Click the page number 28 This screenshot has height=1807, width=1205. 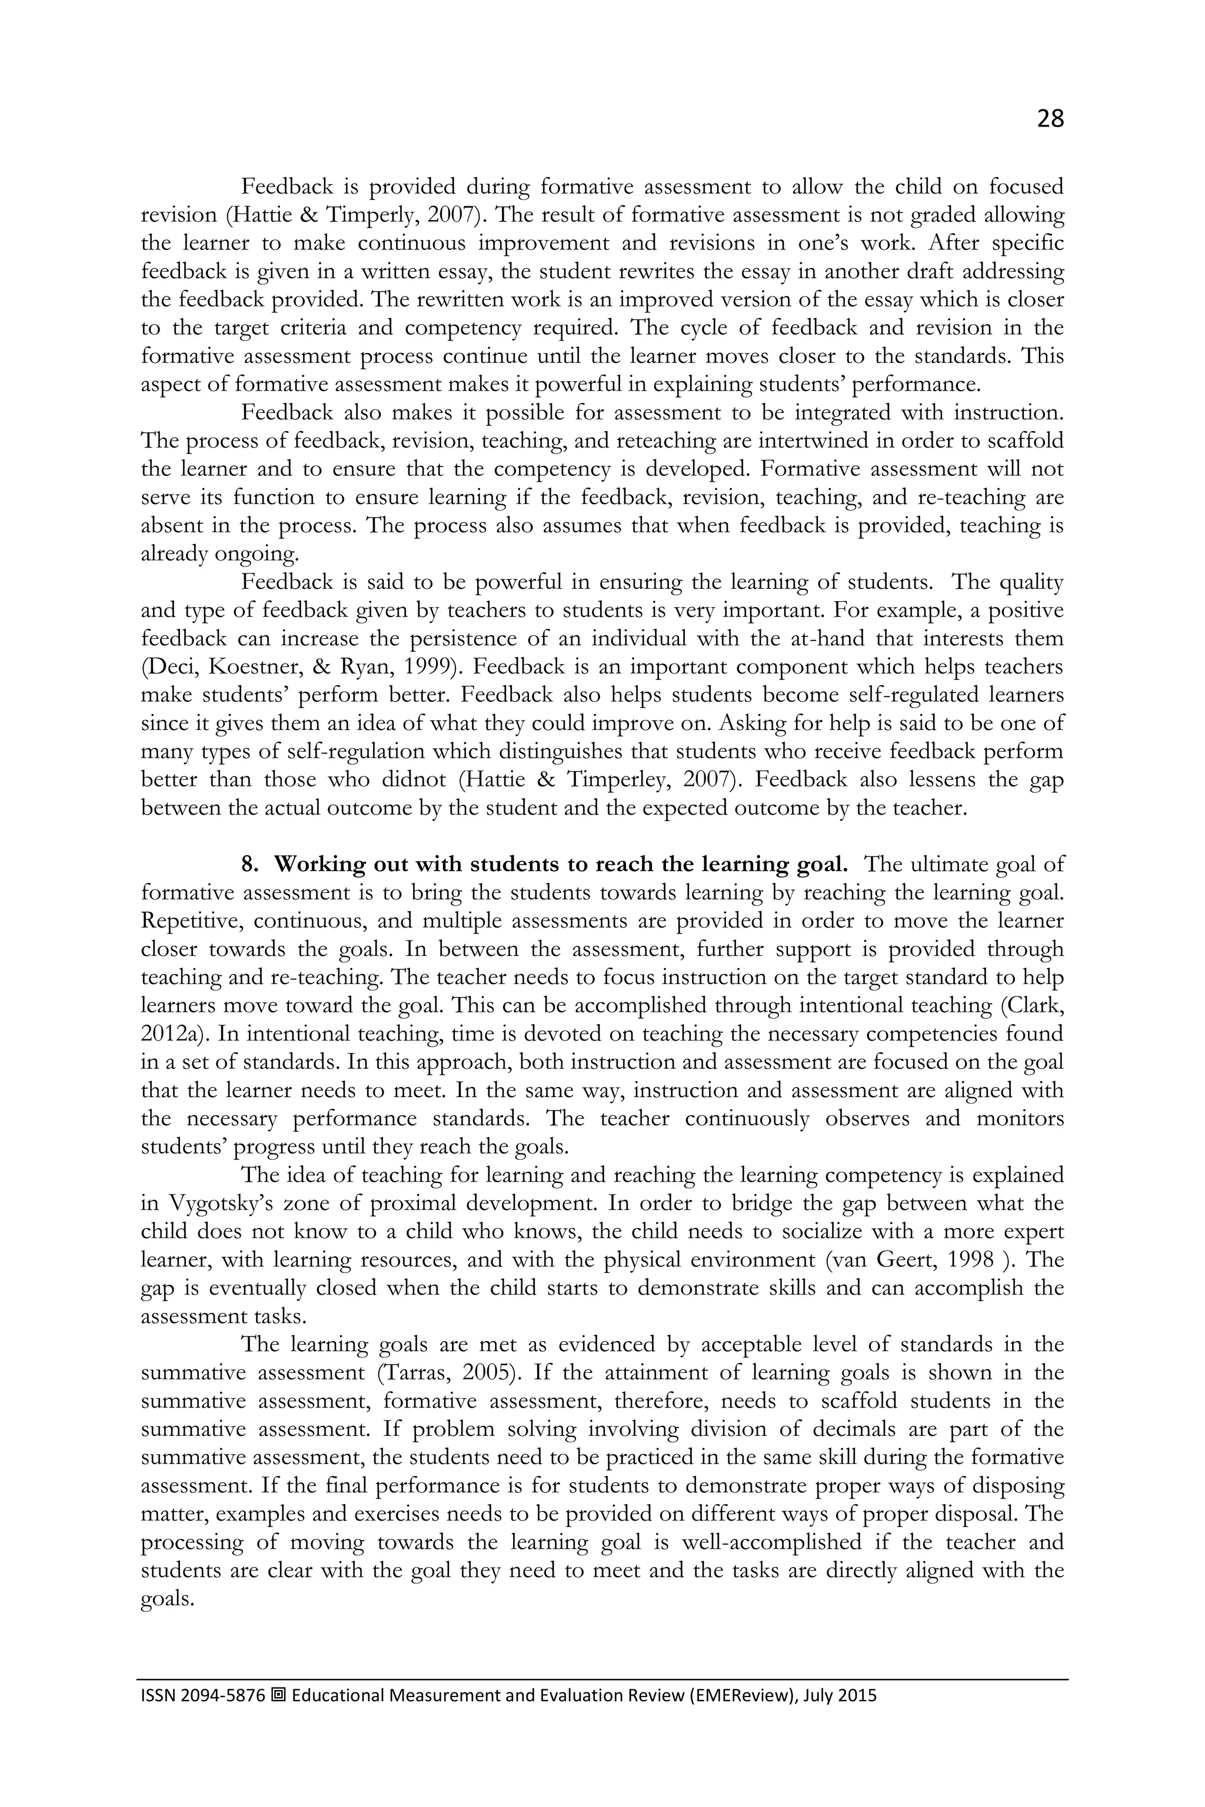point(1050,118)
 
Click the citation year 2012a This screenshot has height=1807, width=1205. point(174,1034)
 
